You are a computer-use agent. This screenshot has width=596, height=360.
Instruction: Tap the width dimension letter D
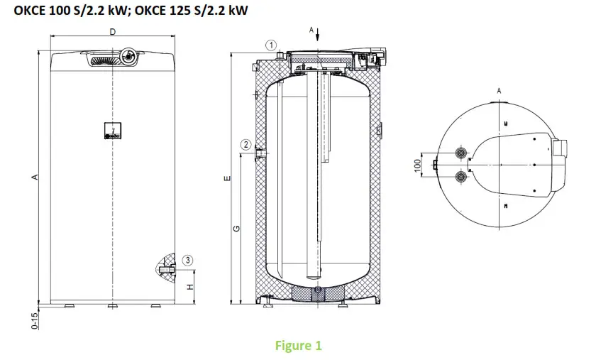113,32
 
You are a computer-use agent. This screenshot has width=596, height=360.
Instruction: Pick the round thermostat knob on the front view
131,55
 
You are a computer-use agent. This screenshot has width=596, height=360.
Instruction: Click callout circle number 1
270,44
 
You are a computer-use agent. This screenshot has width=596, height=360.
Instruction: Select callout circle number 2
246,145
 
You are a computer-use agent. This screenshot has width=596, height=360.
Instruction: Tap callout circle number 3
187,260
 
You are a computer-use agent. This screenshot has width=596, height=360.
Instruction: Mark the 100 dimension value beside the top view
418,164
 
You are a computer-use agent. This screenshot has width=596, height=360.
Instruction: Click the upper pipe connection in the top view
462,153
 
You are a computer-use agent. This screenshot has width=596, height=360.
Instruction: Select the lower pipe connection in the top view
462,175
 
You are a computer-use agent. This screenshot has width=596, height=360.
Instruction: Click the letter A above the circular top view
500,91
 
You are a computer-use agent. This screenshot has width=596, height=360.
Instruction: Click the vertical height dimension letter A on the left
34,178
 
